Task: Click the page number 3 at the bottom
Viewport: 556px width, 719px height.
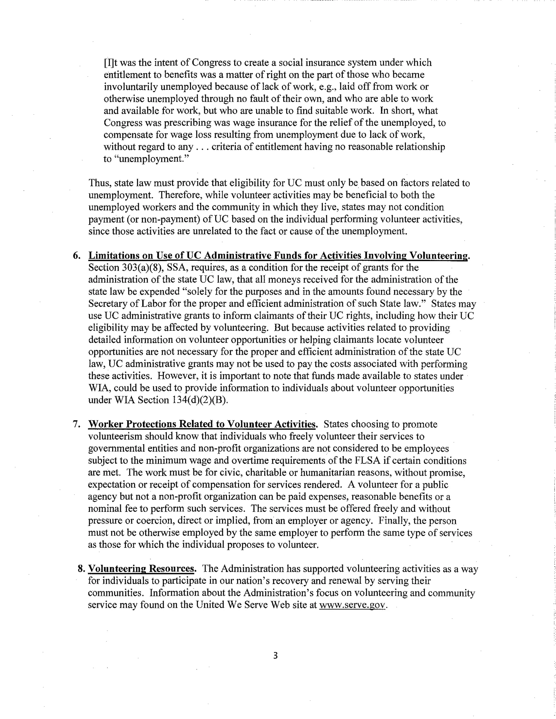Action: [275, 656]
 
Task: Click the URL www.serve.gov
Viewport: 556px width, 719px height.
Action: [352, 605]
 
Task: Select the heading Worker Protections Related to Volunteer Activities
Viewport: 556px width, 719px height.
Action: [202, 424]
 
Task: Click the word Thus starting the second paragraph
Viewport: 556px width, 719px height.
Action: [99, 183]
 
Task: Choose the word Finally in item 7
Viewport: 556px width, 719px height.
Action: [393, 520]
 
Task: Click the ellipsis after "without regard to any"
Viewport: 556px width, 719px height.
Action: [202, 147]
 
